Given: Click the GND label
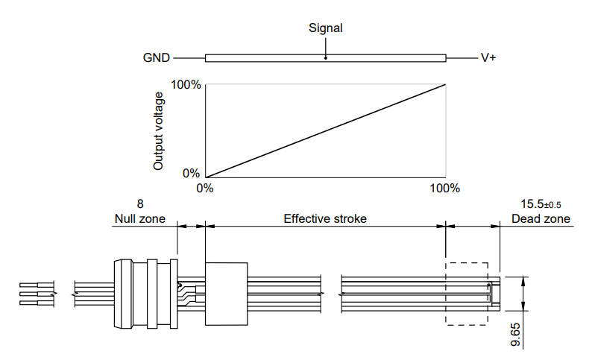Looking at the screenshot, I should pyautogui.click(x=157, y=57).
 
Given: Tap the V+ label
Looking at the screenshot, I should pyautogui.click(x=488, y=57).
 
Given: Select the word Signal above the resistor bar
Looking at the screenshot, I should pyautogui.click(x=326, y=28).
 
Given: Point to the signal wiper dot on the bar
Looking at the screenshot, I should pyautogui.click(x=326, y=57).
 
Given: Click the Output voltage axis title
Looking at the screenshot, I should pyautogui.click(x=158, y=131).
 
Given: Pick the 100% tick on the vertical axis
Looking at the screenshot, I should pyautogui.click(x=186, y=85).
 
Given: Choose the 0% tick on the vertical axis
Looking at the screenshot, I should pyautogui.click(x=191, y=174).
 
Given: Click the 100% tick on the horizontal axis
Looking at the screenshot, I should pyautogui.click(x=445, y=188).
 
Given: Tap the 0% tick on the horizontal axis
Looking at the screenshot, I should pyautogui.click(x=205, y=188).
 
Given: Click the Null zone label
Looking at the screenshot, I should pyautogui.click(x=139, y=219).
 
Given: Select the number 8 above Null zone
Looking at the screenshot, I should pyautogui.click(x=139, y=204).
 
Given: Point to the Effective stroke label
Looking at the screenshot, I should pyautogui.click(x=325, y=219).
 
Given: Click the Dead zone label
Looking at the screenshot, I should pyautogui.click(x=541, y=219).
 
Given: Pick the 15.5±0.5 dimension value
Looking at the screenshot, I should pyautogui.click(x=541, y=204).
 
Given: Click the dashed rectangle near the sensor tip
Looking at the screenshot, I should pyautogui.click(x=467, y=262).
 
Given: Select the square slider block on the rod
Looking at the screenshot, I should pyautogui.click(x=226, y=294).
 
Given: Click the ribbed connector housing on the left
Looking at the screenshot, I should pyautogui.click(x=145, y=294).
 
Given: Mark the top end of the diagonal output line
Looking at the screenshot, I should pyautogui.click(x=445, y=84).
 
